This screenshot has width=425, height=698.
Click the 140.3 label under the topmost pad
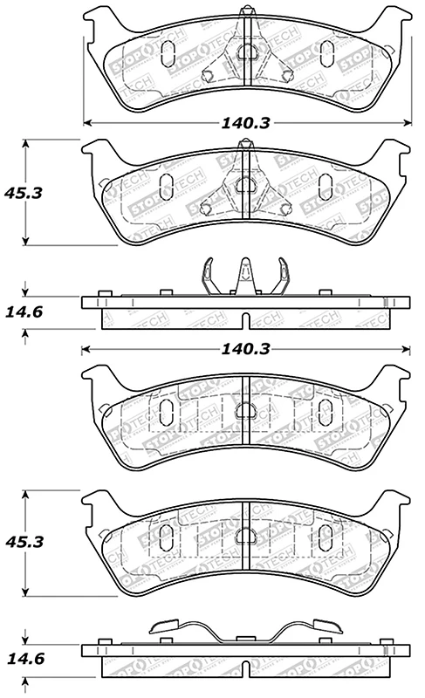(245, 123)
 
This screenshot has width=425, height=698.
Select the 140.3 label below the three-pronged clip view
(245, 349)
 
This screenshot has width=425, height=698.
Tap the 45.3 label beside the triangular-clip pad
(24, 193)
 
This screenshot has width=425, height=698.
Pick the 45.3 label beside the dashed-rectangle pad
(24, 542)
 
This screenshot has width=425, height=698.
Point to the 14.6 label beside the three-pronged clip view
(24, 311)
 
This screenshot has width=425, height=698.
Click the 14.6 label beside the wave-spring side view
(24, 658)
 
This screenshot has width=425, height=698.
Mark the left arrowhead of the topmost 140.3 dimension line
(87, 122)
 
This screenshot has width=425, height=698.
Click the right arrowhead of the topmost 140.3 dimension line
(407, 122)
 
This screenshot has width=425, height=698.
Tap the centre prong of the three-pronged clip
(245, 275)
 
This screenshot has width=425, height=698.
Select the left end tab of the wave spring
(165, 626)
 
